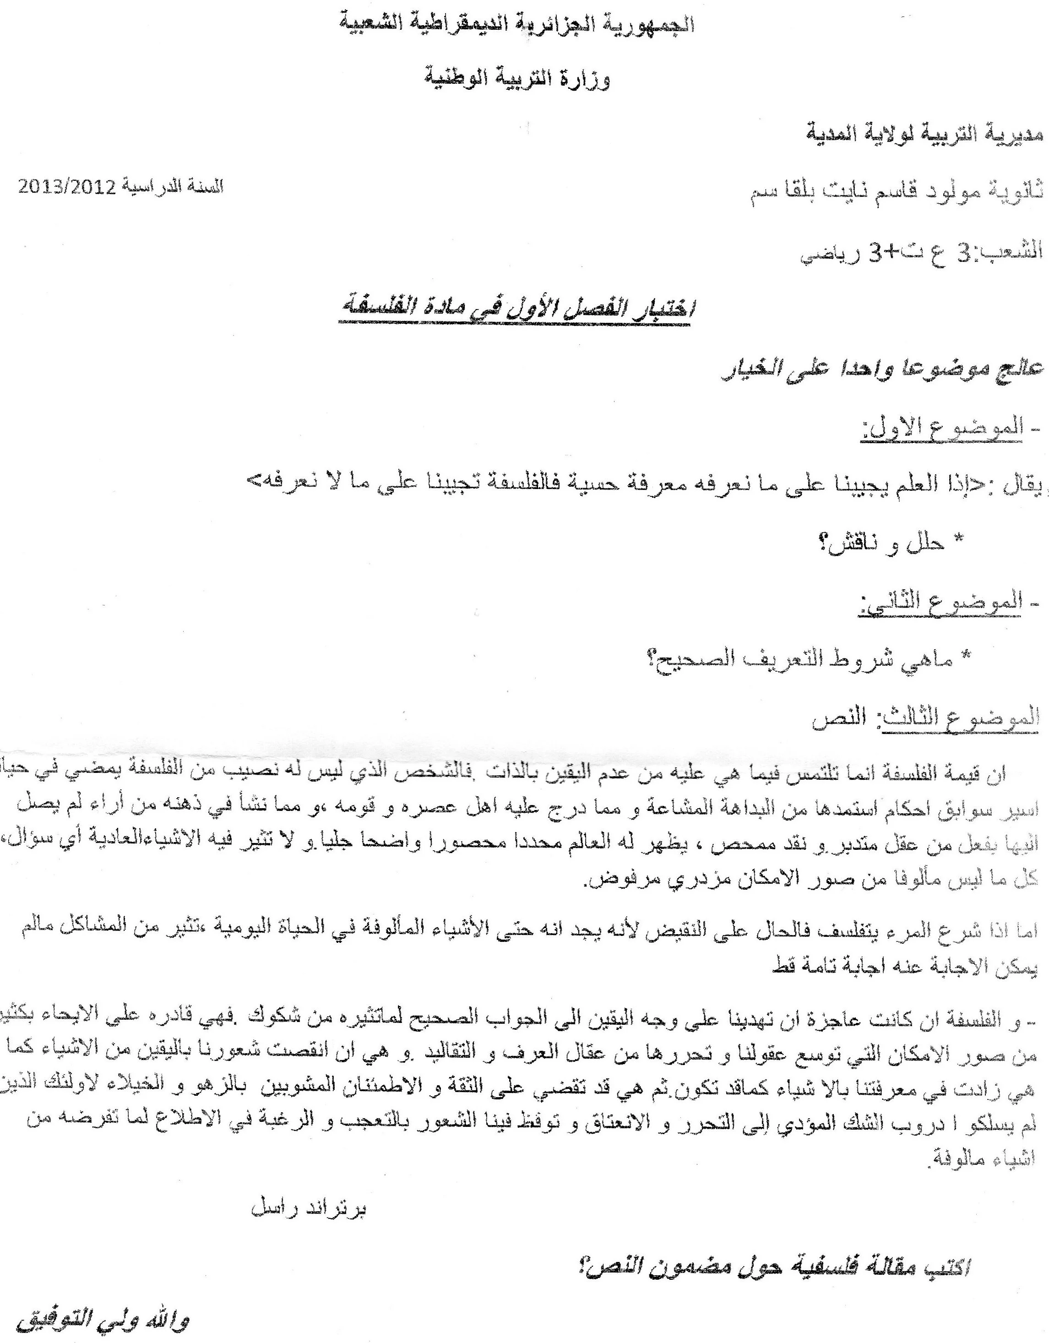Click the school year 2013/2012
(x=60, y=188)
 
